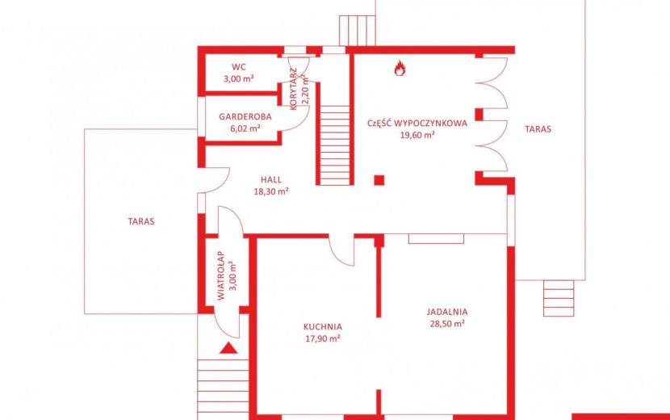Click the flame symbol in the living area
coord(400,69)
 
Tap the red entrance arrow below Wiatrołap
coord(228,349)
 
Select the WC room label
coord(239,67)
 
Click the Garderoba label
coord(245,116)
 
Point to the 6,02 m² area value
coord(245,128)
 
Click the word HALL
coord(271,179)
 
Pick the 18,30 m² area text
coord(271,191)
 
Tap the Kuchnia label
coord(323,327)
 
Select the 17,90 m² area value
coord(323,338)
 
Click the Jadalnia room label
coord(447,312)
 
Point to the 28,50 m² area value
coord(447,324)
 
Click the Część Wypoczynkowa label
coord(417,124)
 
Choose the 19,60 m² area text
coord(417,135)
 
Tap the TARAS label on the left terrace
coord(141,221)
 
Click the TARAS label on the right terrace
coord(538,128)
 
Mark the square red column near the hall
coord(379,180)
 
